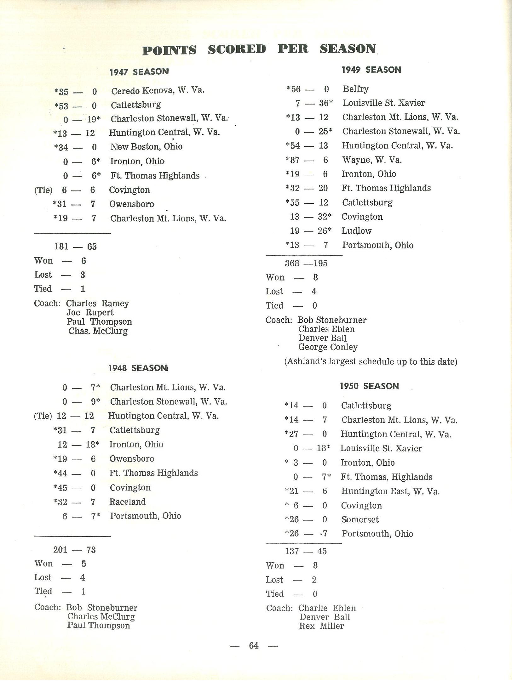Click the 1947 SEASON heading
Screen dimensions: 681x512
click(139, 72)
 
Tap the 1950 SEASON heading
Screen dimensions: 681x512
click(369, 386)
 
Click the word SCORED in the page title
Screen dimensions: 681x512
click(237, 49)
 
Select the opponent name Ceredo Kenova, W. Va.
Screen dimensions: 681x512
click(158, 91)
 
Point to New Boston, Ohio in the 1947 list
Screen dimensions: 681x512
click(146, 147)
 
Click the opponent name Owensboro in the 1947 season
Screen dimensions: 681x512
click(132, 204)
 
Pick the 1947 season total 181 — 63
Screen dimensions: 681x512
click(75, 247)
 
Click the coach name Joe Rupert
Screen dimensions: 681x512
click(90, 312)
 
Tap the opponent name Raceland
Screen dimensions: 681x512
click(128, 502)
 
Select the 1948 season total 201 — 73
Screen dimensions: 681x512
click(74, 550)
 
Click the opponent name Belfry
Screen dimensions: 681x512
click(356, 89)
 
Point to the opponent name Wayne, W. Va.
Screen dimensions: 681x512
click(372, 160)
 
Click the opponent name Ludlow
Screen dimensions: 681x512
click(356, 231)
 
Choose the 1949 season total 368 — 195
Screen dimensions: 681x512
click(306, 263)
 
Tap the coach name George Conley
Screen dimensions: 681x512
click(328, 347)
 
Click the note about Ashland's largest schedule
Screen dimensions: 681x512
click(371, 361)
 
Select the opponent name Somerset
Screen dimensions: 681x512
click(360, 519)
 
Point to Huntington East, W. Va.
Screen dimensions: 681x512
click(390, 491)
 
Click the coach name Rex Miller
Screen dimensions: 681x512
click(321, 626)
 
